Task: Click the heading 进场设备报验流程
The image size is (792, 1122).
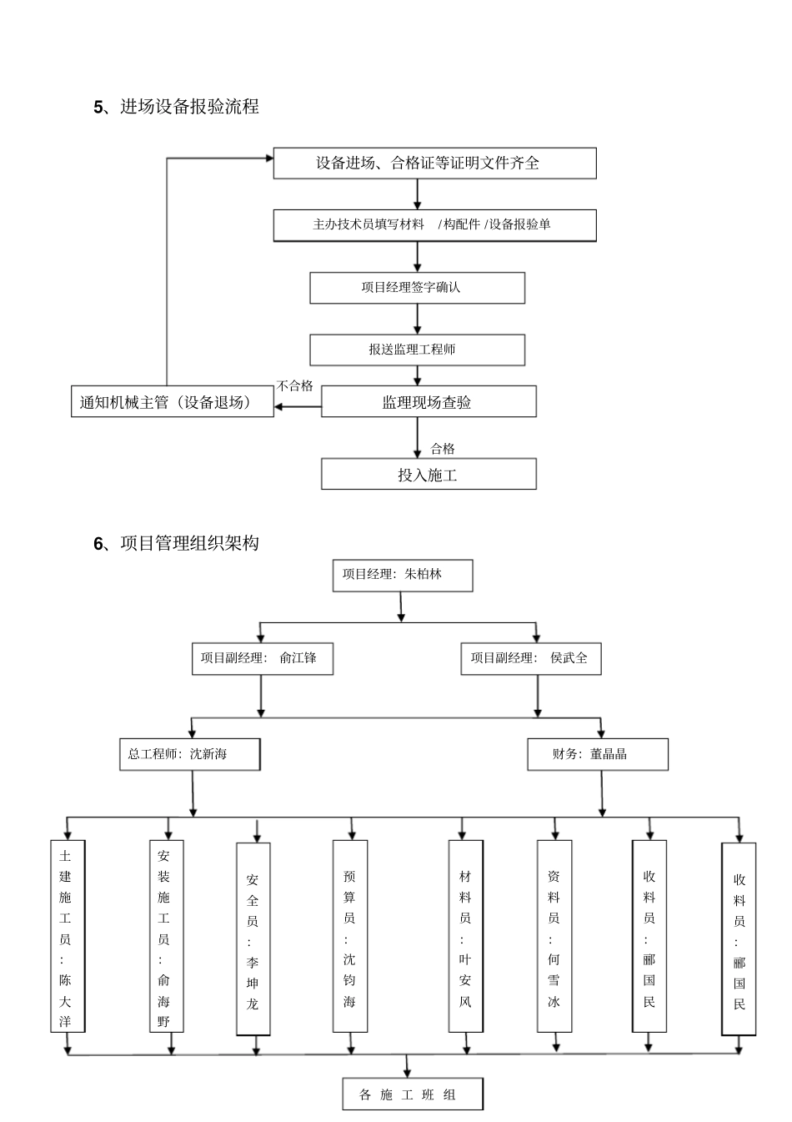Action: tap(189, 107)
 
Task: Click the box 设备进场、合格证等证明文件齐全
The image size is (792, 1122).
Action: tap(434, 163)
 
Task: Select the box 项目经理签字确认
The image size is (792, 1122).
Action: tap(417, 287)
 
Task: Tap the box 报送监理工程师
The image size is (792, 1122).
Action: tap(417, 350)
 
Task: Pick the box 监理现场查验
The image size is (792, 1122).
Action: tap(428, 402)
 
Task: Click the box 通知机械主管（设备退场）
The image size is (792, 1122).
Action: tap(172, 402)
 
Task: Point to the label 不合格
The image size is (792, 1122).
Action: tap(294, 385)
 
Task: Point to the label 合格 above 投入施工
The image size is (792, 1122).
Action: tap(443, 449)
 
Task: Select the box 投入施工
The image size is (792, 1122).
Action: tap(428, 475)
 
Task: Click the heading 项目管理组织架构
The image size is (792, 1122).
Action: tap(189, 543)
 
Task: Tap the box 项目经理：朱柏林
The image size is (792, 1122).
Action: tap(402, 575)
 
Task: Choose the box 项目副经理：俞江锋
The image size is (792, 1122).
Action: tap(262, 658)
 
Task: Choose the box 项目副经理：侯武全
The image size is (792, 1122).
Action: tap(530, 658)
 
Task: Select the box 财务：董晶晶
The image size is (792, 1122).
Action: tap(597, 754)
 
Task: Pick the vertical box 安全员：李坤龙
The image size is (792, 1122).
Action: tap(253, 938)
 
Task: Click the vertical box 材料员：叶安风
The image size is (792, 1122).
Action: tap(465, 936)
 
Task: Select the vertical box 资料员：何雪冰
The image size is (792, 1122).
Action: tap(554, 936)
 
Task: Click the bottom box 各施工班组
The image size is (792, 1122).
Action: tap(412, 1094)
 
